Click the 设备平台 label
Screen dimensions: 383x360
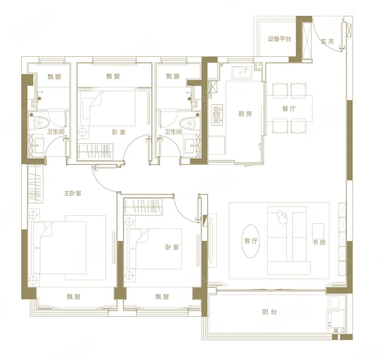(x=279, y=39)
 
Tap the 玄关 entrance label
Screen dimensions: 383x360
(x=327, y=42)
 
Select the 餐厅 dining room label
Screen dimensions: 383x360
(x=289, y=109)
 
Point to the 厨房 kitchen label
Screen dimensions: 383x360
(x=245, y=114)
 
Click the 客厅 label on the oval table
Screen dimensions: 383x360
(x=251, y=241)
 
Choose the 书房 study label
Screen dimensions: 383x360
(x=319, y=243)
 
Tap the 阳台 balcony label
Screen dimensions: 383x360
(x=269, y=312)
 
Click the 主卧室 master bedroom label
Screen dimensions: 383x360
(x=73, y=193)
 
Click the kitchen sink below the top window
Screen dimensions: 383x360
(x=241, y=72)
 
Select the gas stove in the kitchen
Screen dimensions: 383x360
(x=217, y=115)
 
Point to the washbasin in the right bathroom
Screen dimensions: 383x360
(x=190, y=146)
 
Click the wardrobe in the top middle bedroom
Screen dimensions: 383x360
(x=96, y=152)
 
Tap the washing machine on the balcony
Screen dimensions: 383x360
(x=336, y=318)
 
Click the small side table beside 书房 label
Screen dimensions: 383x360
(x=318, y=231)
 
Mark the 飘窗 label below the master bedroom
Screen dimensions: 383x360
(x=74, y=297)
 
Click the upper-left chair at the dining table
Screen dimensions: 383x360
(x=280, y=90)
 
